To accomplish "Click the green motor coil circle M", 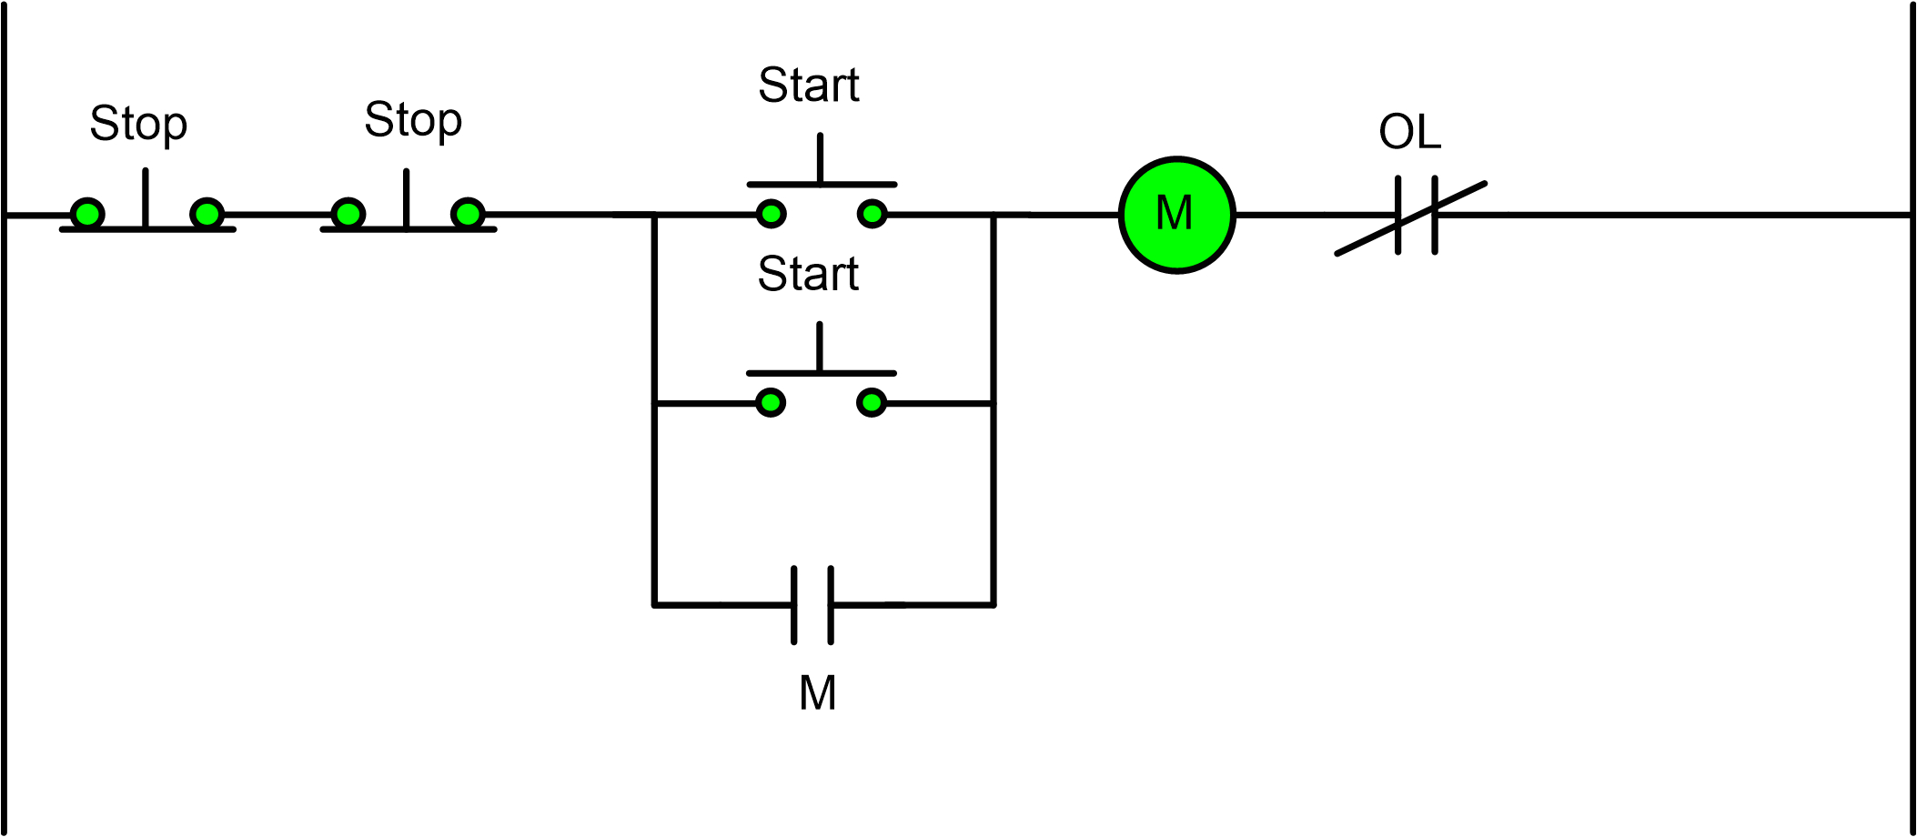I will tap(1176, 215).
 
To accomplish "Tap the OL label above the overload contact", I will tap(1409, 132).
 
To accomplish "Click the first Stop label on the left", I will tap(138, 124).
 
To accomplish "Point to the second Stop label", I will tap(413, 120).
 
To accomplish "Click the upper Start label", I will tap(808, 86).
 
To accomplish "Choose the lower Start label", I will tap(808, 274).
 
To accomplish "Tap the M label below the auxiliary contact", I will tap(817, 693).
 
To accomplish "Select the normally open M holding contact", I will tap(812, 605).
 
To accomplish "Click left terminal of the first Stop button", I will tap(87, 215).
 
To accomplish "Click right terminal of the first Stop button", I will tap(207, 215).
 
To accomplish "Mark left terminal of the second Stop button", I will tap(348, 215).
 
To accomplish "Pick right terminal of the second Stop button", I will tap(468, 215).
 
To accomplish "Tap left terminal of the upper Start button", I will tap(771, 215).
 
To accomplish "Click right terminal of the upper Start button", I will tap(873, 215).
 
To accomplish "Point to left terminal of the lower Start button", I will tap(771, 402).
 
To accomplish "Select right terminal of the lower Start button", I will tap(872, 402).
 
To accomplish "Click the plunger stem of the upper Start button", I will tap(820, 159).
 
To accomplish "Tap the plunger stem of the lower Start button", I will tap(820, 348).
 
